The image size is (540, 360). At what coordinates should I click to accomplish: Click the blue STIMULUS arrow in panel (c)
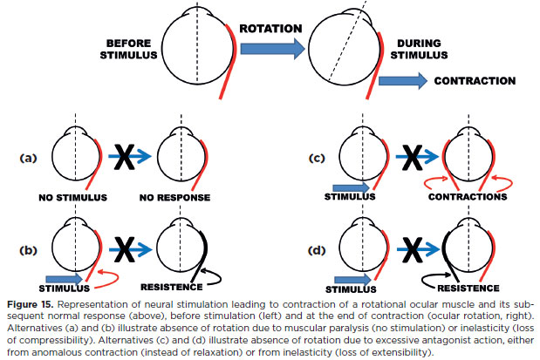[x=352, y=187]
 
